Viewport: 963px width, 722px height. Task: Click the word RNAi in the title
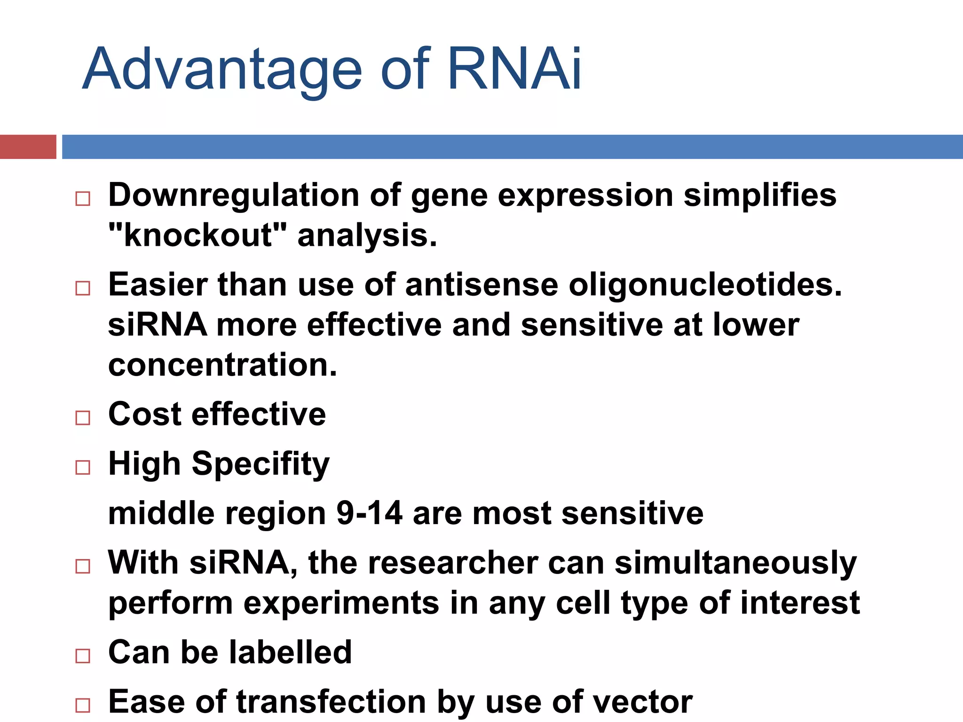click(515, 69)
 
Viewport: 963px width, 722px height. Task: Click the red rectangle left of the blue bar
click(28, 147)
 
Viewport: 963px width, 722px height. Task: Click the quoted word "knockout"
click(197, 235)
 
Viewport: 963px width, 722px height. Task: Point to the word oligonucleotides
click(705, 285)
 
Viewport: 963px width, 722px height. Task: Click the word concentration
click(222, 365)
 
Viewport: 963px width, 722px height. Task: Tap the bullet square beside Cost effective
click(83, 417)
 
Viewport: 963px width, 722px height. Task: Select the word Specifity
click(260, 464)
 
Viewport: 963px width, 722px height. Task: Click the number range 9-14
click(369, 513)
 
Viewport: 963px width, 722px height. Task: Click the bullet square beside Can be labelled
click(83, 656)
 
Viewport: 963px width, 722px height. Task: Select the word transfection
click(331, 702)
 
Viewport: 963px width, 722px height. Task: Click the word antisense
click(481, 285)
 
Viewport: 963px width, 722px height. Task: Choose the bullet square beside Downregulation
click(83, 198)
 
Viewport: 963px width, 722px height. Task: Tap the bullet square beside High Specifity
click(83, 467)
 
